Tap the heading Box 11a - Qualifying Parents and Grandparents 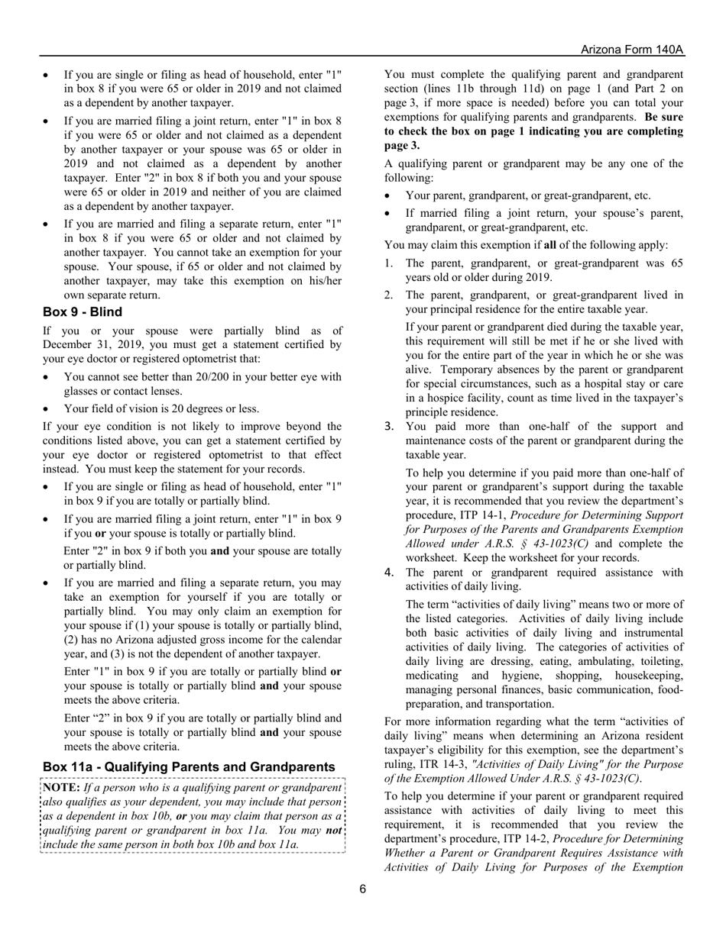point(189,766)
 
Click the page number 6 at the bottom point(363,888)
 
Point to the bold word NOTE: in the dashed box point(61,787)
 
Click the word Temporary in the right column point(536,369)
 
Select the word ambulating point(602,661)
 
